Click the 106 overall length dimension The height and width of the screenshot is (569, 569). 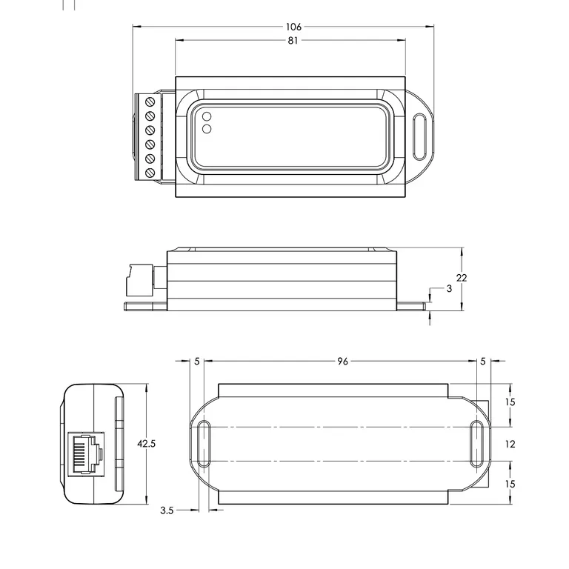pos(294,27)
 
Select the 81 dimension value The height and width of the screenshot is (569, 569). pos(293,41)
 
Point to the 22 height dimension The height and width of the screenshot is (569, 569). pos(462,278)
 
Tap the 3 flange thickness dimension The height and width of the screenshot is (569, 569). pos(448,288)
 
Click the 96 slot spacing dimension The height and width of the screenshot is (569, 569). pos(342,362)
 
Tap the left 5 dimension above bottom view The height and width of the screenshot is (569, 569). pos(197,362)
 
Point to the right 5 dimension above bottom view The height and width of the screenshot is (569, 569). pos(482,362)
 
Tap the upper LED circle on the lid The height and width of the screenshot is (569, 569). pos(207,116)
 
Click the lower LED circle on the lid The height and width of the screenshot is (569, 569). pos(207,129)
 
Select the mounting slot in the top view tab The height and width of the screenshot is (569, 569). pos(421,136)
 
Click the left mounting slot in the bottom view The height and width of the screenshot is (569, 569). pos(205,444)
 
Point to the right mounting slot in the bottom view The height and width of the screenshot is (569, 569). pos(478,444)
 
